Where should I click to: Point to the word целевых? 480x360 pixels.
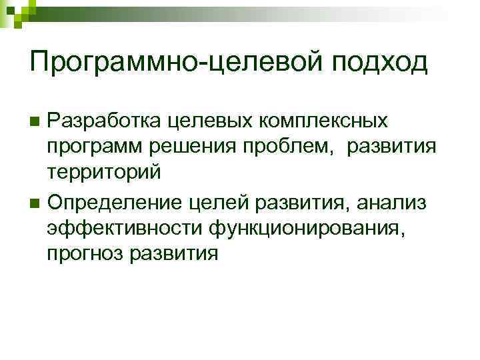tap(191, 121)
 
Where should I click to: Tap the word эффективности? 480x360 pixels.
tap(125, 227)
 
